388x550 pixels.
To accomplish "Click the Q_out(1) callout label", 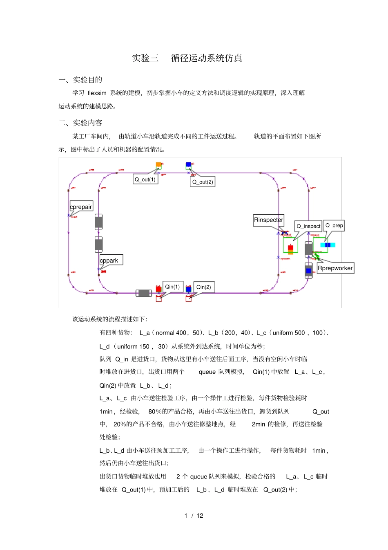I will coord(145,180).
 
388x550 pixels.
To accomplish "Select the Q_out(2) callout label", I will coord(203,182).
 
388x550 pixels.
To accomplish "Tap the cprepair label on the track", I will coord(81,207).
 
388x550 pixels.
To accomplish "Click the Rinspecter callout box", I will coord(268,220).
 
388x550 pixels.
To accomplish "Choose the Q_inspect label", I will coord(308,226).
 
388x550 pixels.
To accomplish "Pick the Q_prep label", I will coord(334,225).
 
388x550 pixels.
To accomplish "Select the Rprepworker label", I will coord(335,268).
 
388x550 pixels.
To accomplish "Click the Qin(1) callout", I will coord(172,287).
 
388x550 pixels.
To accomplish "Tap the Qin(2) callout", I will coord(204,287).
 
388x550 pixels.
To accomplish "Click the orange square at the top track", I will coord(158,165).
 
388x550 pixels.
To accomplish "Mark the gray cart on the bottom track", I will coord(144,293).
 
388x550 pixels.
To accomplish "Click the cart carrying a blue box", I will coord(309,270).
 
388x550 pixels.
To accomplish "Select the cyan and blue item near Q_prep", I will coord(328,245).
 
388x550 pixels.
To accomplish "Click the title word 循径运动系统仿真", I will coord(206,58).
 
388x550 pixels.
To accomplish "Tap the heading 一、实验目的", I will coord(80,80).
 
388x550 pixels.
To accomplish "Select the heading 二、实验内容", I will coord(80,123).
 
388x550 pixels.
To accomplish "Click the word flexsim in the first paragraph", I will coord(97,93).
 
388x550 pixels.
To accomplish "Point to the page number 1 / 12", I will coord(194,515).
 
